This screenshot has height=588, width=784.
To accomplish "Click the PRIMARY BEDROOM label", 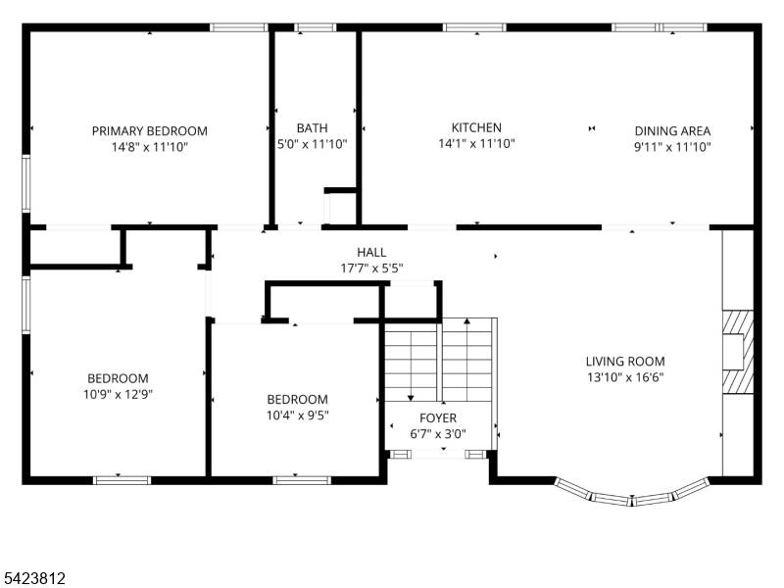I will [149, 130].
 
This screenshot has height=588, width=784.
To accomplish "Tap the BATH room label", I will [312, 127].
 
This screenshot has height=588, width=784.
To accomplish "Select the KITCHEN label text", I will [476, 127].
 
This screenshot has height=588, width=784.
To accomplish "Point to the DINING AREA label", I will [671, 130].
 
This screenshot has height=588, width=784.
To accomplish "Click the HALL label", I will [370, 252].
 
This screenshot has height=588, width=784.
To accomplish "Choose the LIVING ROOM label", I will [625, 361].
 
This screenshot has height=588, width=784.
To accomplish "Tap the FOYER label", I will [438, 417].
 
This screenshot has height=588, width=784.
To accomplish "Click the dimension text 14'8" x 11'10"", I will [149, 146].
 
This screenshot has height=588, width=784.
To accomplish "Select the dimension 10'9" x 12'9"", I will [118, 394].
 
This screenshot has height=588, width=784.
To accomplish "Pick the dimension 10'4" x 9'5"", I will [297, 415].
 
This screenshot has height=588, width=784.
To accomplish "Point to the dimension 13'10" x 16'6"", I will [625, 376].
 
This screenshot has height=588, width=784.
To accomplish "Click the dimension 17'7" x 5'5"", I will [370, 268].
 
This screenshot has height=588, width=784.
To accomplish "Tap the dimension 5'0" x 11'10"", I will [312, 143].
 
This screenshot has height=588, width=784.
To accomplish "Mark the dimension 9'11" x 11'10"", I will [671, 146].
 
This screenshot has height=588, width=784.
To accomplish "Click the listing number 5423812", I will [34, 579].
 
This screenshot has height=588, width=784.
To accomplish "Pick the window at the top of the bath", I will [315, 27].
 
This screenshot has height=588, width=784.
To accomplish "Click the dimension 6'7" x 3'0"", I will [438, 433].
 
